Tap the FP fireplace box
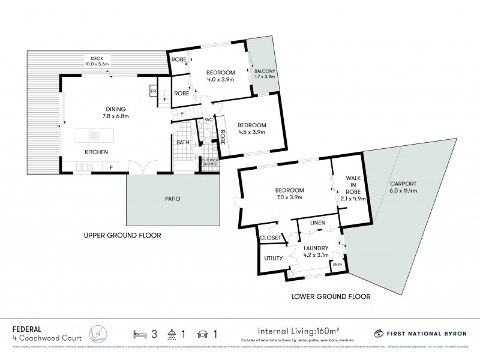153,91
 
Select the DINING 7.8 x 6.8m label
115,112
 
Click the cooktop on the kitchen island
94,135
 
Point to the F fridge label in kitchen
110,167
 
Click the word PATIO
172,199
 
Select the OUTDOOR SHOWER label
210,162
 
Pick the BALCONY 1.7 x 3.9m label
263,73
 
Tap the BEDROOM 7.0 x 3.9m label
289,193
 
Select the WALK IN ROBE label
352,185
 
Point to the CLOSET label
270,238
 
